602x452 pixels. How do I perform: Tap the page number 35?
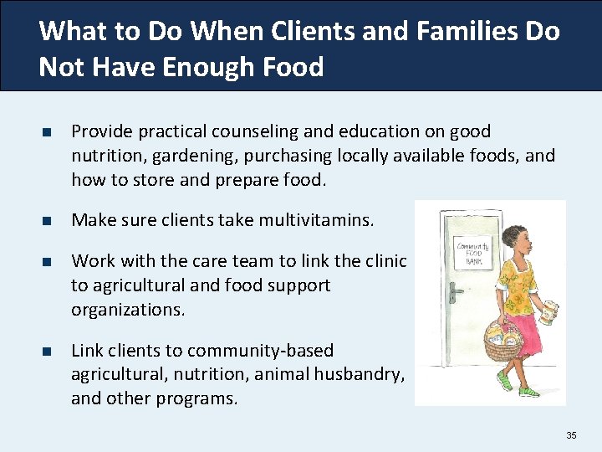coord(571,435)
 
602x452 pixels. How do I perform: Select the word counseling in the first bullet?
coord(222,131)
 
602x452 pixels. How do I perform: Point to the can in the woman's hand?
coord(548,312)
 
